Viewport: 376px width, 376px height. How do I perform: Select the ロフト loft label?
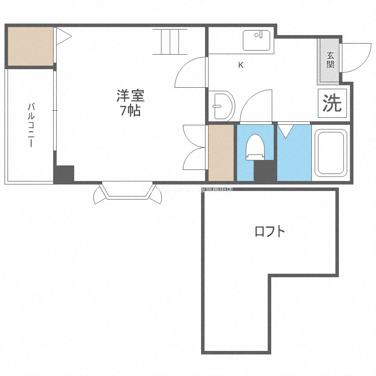coord(270,232)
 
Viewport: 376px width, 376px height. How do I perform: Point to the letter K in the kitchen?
coord(241,65)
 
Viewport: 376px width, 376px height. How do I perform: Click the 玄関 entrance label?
coord(330,60)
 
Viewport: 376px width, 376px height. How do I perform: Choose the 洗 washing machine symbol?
coord(332,103)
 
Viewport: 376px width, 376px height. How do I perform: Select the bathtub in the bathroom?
coord(330,154)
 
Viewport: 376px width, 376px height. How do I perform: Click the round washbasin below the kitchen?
coord(222,106)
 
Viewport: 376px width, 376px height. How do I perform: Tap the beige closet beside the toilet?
coord(221,152)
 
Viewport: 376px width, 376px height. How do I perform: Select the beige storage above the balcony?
coord(30,46)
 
